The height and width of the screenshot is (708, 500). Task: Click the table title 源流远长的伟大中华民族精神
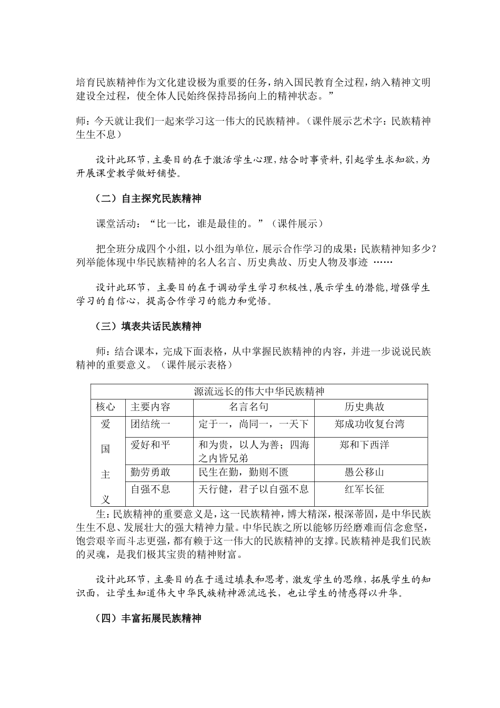pos(259,392)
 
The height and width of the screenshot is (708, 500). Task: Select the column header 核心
pos(105,407)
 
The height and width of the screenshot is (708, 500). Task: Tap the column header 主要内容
pos(151,407)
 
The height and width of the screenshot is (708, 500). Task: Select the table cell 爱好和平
pos(151,445)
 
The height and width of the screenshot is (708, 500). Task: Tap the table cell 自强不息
pos(151,489)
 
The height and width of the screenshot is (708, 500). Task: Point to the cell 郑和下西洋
pos(364,445)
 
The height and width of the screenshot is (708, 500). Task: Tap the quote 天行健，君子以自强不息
pos(254,489)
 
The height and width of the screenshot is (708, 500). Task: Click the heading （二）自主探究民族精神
pos(148,199)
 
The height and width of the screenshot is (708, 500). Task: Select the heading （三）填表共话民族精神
pos(148,327)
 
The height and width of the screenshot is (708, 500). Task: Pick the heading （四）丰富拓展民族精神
pos(148,618)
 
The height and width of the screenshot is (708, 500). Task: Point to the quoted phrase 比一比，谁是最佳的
pos(206,224)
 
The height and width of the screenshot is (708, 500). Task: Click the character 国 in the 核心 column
pos(105,449)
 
